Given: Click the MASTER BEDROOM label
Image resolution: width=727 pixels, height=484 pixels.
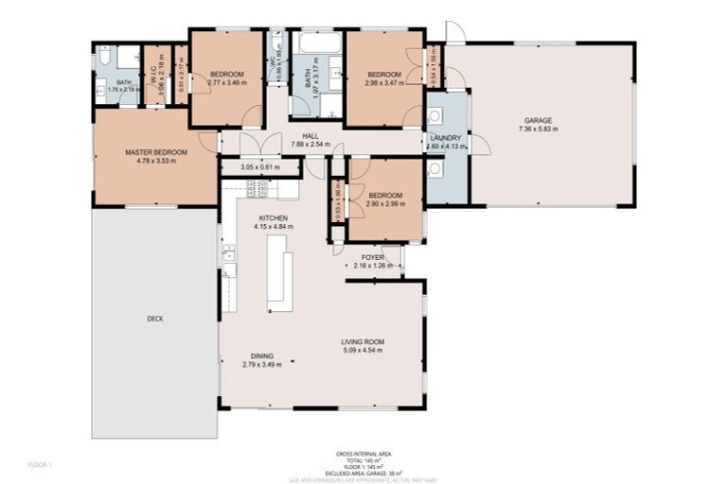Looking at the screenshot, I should pos(156,152).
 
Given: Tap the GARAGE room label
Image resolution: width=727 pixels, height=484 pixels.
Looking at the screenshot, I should pos(538,120).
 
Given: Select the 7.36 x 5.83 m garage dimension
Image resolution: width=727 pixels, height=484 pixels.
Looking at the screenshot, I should pos(538,130).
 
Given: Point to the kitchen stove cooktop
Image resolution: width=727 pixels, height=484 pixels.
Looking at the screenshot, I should pos(258,190).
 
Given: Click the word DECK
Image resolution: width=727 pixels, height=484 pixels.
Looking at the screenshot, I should pos(155,319).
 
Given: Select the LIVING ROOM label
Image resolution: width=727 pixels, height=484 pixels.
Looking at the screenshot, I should pos(363,341).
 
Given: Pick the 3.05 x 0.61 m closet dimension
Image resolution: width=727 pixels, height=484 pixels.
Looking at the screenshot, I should pos(260,168).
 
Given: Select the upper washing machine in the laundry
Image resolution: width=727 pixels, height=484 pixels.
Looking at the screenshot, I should pos(434,116).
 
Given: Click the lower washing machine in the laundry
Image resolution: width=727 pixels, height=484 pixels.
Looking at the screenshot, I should pos(434,169).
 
